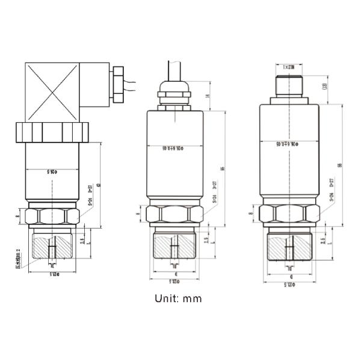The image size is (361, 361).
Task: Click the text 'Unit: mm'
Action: point(177,298)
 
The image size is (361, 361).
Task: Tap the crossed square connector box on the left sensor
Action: point(52,92)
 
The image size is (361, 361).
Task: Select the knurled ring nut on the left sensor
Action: point(52,132)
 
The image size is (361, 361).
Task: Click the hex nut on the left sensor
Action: point(52,216)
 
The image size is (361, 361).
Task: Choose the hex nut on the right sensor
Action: point(289,214)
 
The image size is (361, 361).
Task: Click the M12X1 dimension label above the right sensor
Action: point(289,67)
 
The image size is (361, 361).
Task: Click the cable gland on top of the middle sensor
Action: point(174,93)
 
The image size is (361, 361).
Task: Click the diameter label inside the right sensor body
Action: point(290,144)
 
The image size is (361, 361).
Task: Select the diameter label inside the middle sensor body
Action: point(175,147)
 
